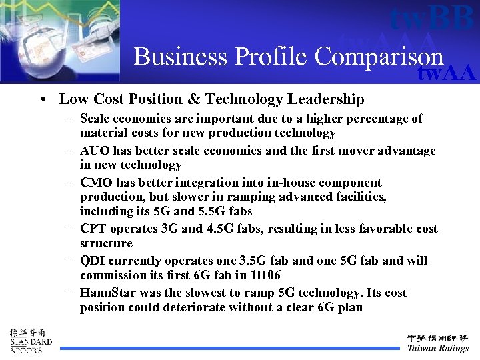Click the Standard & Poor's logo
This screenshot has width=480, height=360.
click(30, 340)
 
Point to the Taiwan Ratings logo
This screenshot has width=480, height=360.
click(438, 343)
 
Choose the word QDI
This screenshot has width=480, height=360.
click(93, 261)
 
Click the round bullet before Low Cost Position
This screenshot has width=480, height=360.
click(43, 100)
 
